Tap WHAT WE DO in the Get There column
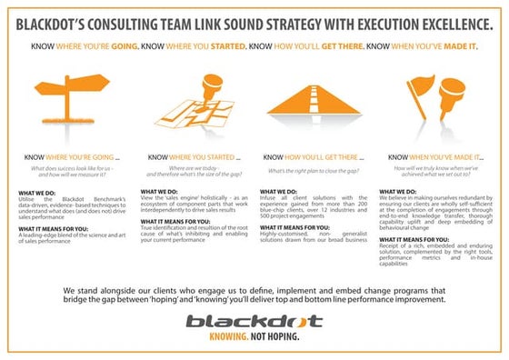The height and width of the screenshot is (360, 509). coord(280,191)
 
